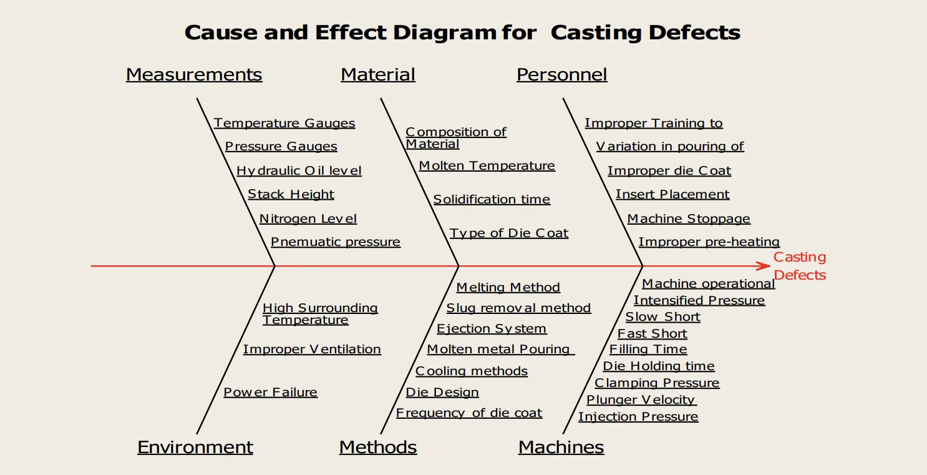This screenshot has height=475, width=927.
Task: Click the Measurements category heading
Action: (x=194, y=74)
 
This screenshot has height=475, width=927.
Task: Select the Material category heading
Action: (x=377, y=74)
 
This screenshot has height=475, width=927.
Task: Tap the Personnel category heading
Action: (x=561, y=74)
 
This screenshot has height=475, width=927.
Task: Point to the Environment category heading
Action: (x=195, y=447)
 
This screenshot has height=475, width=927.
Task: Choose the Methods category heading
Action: (x=378, y=447)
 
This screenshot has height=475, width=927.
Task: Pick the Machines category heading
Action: (x=561, y=447)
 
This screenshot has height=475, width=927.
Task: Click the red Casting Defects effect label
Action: (x=800, y=266)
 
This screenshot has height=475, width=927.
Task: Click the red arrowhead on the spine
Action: (x=764, y=266)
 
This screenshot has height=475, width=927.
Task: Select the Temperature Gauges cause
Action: (x=284, y=123)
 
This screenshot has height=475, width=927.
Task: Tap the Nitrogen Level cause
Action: (x=308, y=218)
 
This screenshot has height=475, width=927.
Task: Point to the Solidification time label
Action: (x=492, y=199)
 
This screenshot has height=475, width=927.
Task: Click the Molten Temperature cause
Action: (x=487, y=165)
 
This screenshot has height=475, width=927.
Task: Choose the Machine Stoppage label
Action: (x=689, y=218)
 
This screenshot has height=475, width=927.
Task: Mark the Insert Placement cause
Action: (x=672, y=194)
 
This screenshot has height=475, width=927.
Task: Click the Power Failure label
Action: (x=270, y=392)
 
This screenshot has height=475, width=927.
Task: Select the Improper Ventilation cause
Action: (x=312, y=349)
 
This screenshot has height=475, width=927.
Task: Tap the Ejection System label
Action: (x=492, y=328)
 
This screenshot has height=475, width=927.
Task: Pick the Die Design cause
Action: (x=442, y=392)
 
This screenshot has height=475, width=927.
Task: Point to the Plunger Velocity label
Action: (x=641, y=399)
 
